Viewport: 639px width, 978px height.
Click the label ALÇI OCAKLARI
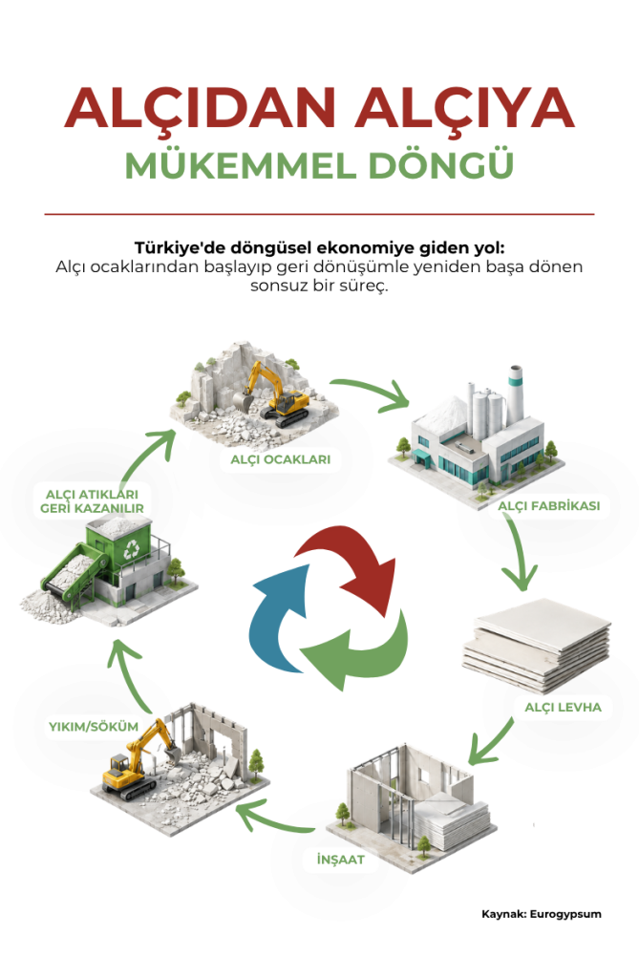(x=280, y=459)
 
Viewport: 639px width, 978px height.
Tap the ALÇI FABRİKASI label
(x=548, y=506)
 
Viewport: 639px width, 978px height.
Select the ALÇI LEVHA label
(x=563, y=708)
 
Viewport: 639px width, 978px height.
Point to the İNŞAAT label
(x=341, y=860)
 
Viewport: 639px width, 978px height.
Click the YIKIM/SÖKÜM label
(x=94, y=727)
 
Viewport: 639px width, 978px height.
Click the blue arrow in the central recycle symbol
(x=279, y=618)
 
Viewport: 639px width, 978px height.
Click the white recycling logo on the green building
(x=132, y=549)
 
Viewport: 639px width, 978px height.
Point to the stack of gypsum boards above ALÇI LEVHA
(x=536, y=646)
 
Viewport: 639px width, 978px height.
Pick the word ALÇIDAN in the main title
(x=201, y=107)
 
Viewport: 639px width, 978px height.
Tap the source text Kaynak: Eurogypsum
(x=542, y=914)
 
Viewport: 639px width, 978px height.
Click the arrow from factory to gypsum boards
(x=522, y=553)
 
